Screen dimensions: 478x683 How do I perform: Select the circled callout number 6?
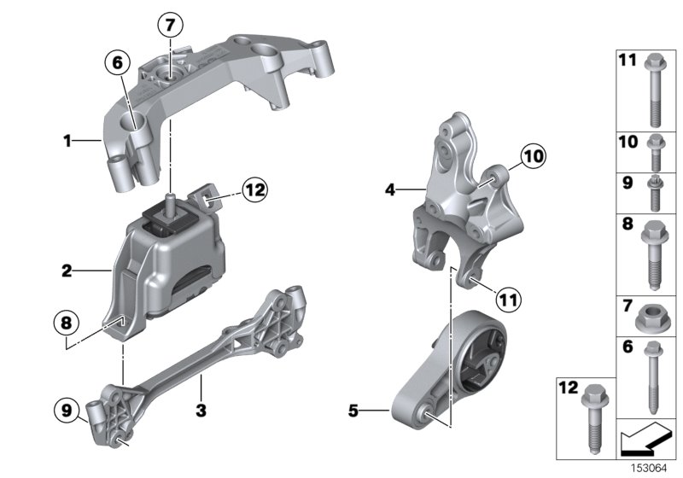click(118, 61)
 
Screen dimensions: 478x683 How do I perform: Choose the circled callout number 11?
click(507, 300)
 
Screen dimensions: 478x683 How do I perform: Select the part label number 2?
click(66, 272)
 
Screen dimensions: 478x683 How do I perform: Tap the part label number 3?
click(201, 411)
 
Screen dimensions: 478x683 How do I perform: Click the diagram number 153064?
click(650, 468)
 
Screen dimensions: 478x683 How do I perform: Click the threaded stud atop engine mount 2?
click(172, 201)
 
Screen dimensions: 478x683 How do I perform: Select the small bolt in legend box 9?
click(653, 194)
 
